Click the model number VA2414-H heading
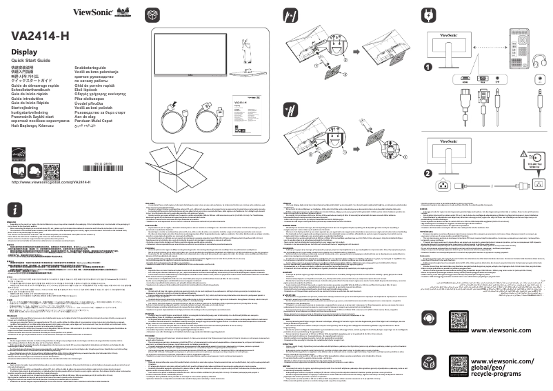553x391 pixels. click(x=41, y=34)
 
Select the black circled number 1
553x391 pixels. click(x=428, y=67)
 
